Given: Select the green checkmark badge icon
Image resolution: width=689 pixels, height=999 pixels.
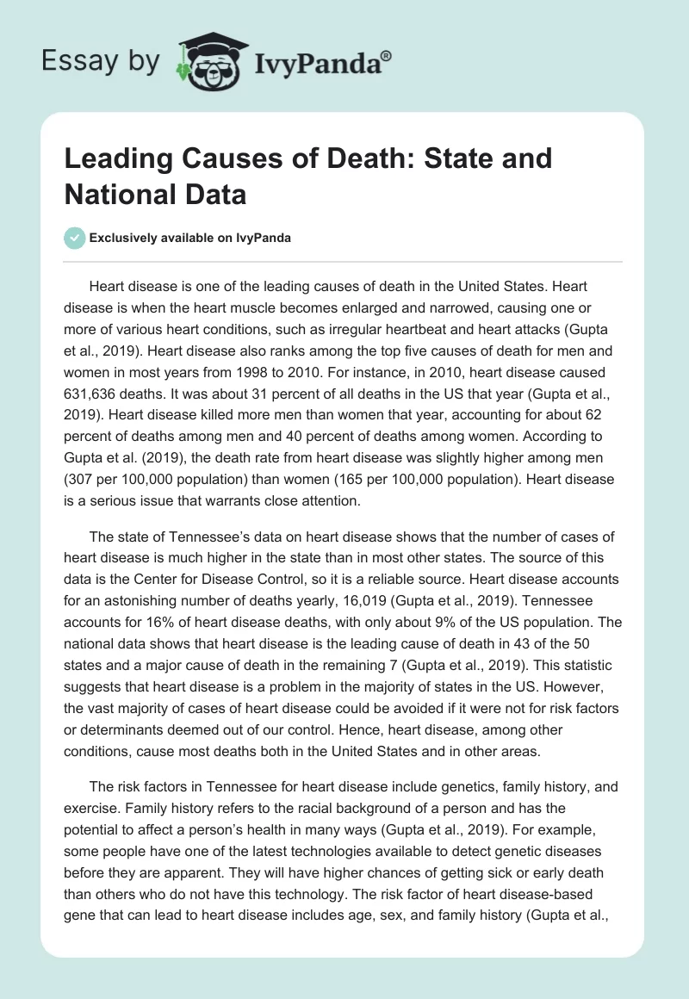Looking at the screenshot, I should point(75,238).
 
